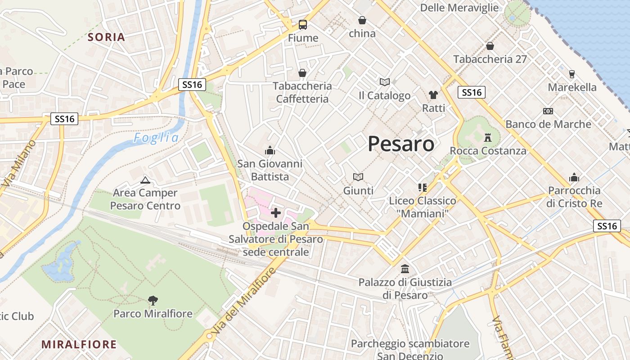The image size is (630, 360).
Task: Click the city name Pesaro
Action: coord(401,144)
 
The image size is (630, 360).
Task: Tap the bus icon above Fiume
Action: coord(303,25)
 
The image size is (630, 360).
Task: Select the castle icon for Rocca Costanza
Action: coord(488,137)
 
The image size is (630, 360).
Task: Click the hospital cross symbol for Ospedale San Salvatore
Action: coord(276,212)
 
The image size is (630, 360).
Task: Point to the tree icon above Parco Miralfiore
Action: coord(153,300)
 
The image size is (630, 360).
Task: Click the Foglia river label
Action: coord(156,138)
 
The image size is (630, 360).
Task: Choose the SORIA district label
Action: coord(106,37)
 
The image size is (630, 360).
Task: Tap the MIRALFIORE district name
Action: coord(79,345)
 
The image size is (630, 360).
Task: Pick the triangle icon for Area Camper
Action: coord(145,180)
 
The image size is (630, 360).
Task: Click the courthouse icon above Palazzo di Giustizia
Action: coord(405,269)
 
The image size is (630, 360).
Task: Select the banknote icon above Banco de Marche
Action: coord(548,111)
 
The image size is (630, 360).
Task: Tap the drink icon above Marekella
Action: coord(572,74)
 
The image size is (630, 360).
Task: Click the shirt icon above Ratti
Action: coord(433,94)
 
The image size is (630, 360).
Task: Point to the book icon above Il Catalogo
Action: coord(384,82)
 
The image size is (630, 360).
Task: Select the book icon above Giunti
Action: coord(358,177)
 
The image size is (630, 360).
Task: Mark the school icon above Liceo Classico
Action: coord(422,187)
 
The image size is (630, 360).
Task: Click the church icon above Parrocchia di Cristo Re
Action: coord(574,177)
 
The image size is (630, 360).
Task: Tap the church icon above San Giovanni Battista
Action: coord(270,150)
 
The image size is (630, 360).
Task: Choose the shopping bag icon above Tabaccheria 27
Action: coord(490,46)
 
